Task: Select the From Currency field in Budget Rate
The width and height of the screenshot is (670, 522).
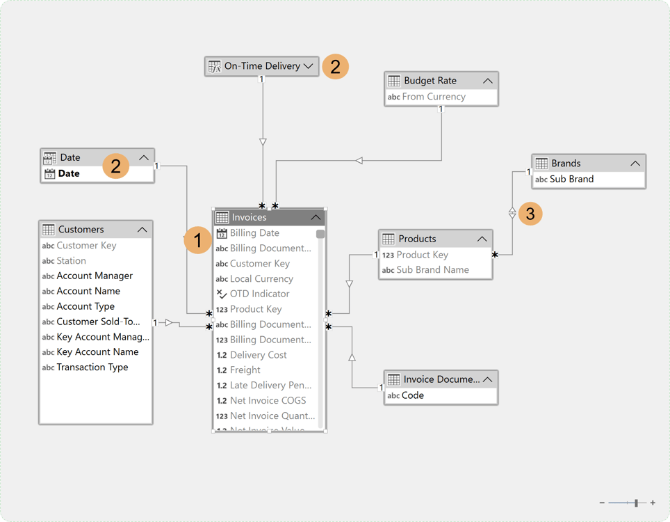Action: click(x=434, y=97)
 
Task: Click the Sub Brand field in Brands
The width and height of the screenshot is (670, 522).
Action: click(x=571, y=179)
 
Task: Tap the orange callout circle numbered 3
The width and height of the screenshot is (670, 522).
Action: click(x=530, y=213)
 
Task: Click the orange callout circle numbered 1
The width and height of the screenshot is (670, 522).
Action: click(x=198, y=241)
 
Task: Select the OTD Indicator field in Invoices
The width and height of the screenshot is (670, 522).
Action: click(x=259, y=294)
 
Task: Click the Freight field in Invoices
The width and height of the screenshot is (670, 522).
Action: click(x=245, y=370)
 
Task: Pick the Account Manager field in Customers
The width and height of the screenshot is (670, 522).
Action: click(x=95, y=276)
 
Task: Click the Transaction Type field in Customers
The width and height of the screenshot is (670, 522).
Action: click(x=92, y=367)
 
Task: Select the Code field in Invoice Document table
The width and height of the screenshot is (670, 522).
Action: click(x=413, y=395)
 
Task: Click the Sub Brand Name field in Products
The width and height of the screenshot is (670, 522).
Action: click(x=432, y=270)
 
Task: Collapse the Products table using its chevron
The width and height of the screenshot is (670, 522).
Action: click(x=482, y=239)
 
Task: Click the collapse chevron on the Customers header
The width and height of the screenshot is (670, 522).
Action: click(x=142, y=230)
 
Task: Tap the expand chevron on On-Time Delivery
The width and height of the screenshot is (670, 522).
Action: click(x=309, y=66)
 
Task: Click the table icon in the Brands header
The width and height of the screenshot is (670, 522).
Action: click(x=541, y=163)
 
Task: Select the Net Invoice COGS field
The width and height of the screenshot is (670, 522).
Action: click(x=268, y=400)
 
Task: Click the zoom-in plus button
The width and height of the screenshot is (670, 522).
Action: click(x=653, y=503)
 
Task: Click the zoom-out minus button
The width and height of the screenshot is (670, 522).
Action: click(x=602, y=503)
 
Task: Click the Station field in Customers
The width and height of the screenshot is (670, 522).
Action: click(x=71, y=260)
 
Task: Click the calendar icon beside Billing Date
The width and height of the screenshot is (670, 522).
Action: click(x=222, y=233)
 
